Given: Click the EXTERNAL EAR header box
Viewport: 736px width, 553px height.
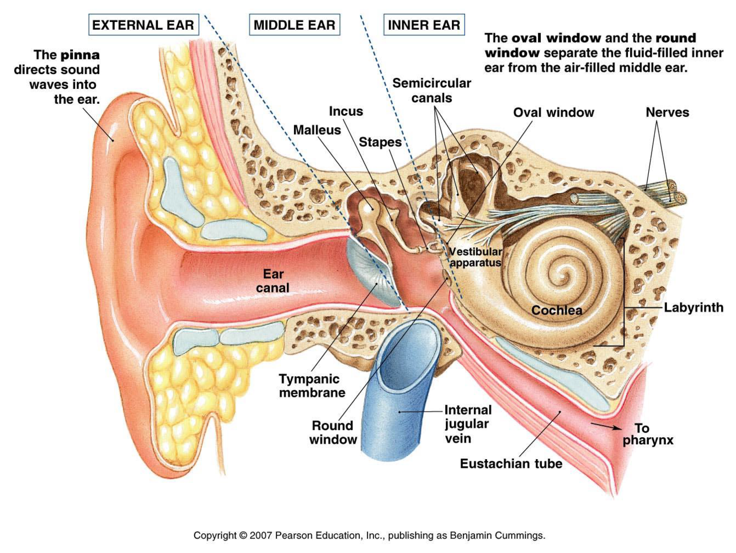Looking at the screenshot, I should [x=143, y=25].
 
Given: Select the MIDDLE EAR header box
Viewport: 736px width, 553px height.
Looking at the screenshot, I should [x=294, y=25].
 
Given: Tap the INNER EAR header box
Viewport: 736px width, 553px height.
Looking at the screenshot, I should [x=424, y=25].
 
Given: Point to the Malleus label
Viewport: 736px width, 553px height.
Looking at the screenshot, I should [x=317, y=130].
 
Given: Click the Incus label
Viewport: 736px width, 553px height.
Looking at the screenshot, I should [x=346, y=111].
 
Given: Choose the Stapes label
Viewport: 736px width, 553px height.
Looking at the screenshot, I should [x=380, y=142].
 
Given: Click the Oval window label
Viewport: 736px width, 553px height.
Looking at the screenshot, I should [x=553, y=113].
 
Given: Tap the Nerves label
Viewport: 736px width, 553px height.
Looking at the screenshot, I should [x=667, y=113].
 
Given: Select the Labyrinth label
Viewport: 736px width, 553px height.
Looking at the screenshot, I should [x=694, y=307].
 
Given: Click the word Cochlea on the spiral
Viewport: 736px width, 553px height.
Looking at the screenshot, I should [x=557, y=310].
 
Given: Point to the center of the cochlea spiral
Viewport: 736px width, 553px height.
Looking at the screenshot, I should [x=564, y=272].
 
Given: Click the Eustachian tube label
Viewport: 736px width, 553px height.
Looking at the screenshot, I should [x=511, y=464].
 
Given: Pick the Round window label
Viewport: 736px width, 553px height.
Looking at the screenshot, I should [x=333, y=433].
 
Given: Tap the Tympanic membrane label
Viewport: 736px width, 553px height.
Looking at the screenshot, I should [x=312, y=386].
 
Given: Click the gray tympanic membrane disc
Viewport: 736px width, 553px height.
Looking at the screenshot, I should [x=371, y=273].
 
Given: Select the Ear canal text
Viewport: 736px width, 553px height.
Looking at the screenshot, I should [x=273, y=281].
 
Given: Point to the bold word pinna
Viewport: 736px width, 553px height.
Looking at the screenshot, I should [x=80, y=55].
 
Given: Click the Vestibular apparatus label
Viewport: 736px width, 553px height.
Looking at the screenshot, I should [x=475, y=257].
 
